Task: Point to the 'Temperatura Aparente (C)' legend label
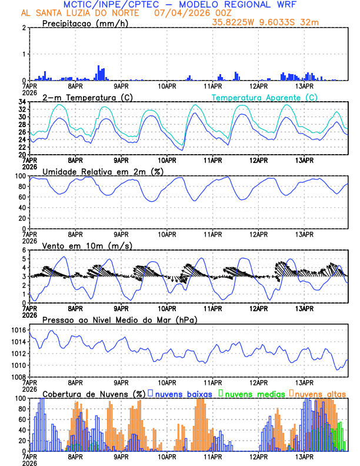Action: [264, 97]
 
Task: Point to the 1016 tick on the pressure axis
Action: [18, 331]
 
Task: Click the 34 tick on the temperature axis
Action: [21, 102]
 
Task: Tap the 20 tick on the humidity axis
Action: [21, 218]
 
